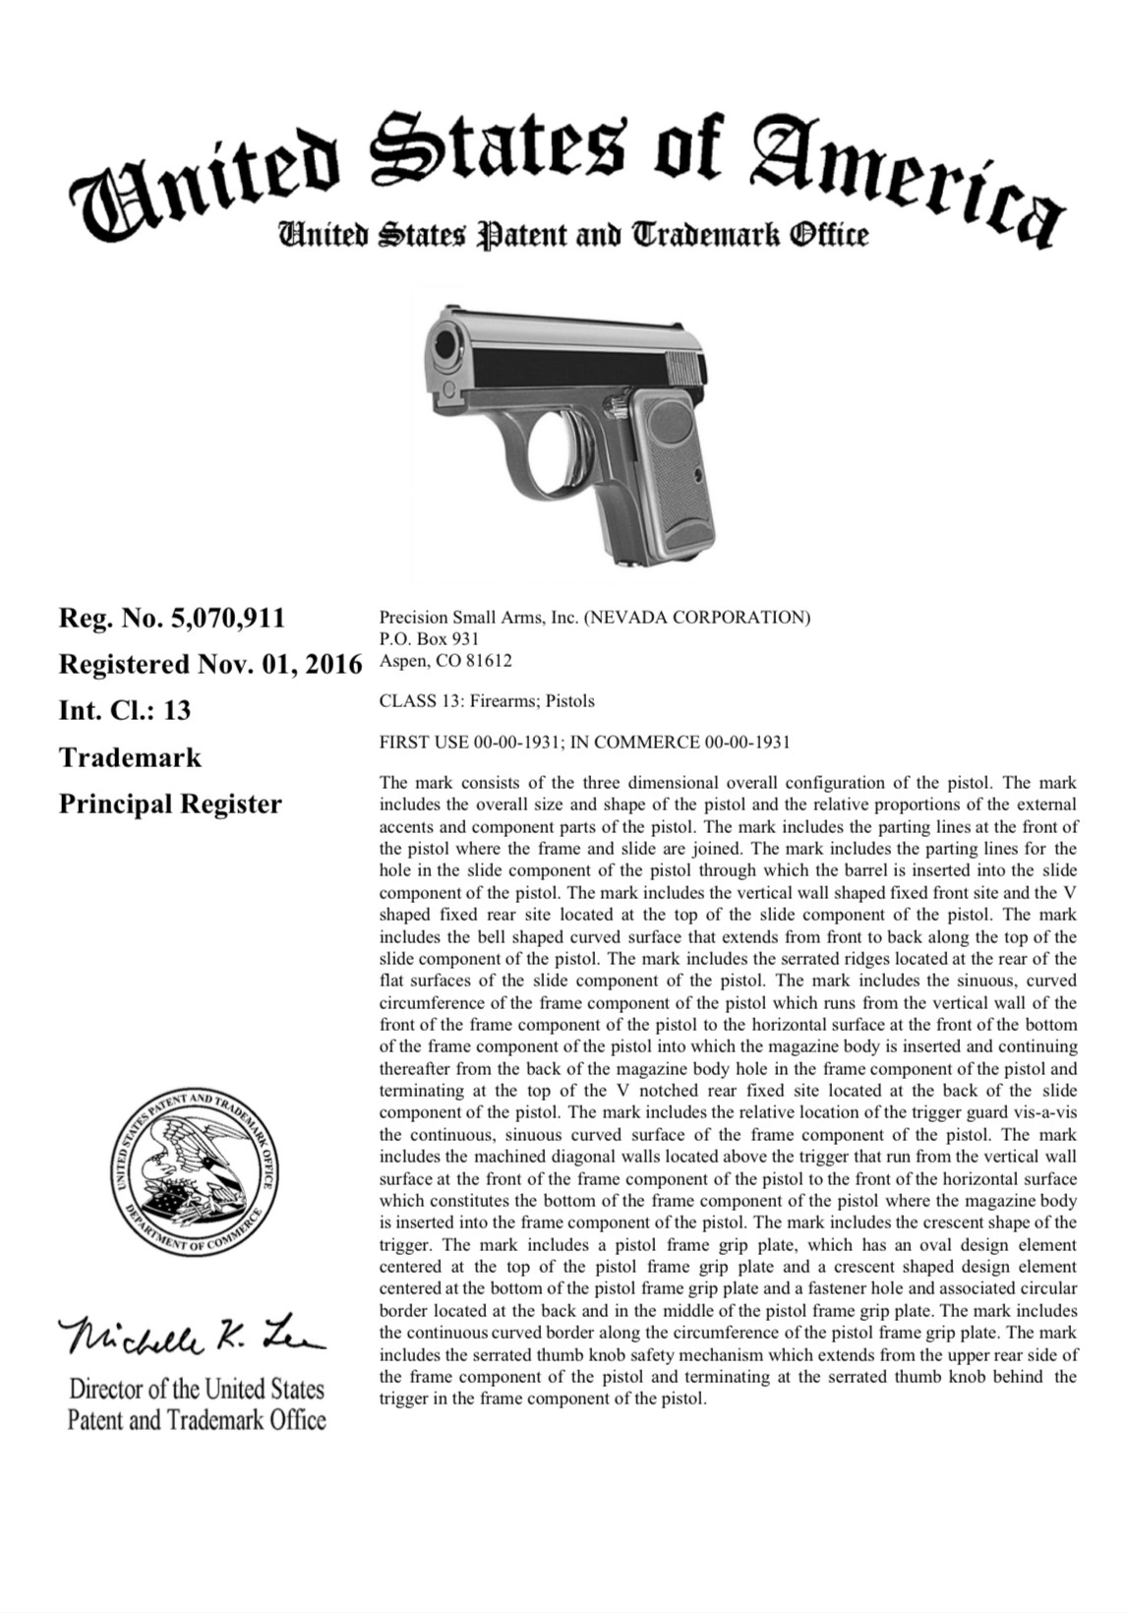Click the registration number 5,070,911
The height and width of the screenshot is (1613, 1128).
(226, 619)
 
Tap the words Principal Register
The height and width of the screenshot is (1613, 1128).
(170, 804)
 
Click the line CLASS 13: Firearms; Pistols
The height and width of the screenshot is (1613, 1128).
(486, 701)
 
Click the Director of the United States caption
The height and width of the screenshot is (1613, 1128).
(196, 1390)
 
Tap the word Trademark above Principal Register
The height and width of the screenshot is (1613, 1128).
(130, 757)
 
